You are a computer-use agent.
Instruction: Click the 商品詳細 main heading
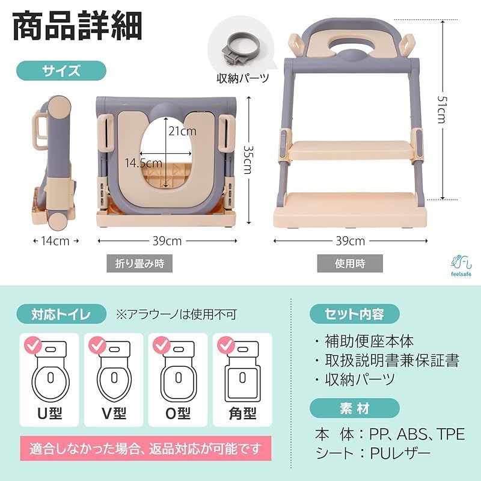[x=78, y=26]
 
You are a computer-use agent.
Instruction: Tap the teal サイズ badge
[x=61, y=70]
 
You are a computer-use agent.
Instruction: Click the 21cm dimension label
[x=182, y=131]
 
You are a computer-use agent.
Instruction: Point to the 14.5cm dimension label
[x=143, y=162]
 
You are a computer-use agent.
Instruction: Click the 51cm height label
[x=442, y=109]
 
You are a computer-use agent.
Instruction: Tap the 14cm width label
[x=55, y=241]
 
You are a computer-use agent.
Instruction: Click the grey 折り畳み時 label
[x=139, y=263]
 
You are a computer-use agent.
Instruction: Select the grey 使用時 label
[x=350, y=263]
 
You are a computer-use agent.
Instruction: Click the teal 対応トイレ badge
[x=61, y=314]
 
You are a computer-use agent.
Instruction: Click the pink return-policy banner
[x=146, y=449]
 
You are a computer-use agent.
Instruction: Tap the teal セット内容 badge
[x=355, y=314]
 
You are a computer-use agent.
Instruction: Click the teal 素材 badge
[x=355, y=408]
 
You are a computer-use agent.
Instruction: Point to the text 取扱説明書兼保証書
[x=392, y=360]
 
